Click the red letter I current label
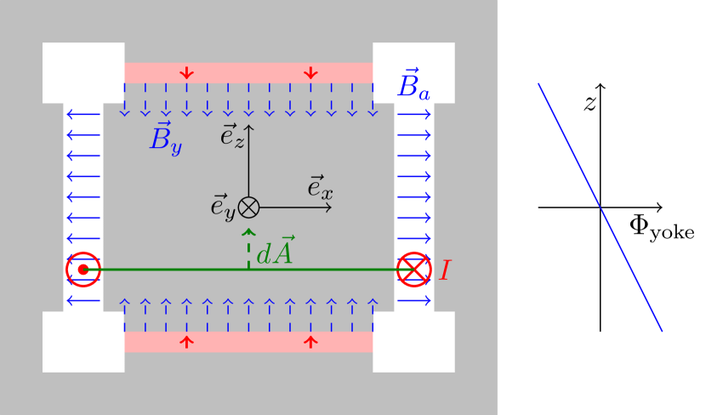(444, 270)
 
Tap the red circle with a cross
(414, 270)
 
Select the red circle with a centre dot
(83, 270)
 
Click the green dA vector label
(275, 253)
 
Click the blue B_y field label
(165, 138)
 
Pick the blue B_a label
(413, 85)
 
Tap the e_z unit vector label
(232, 135)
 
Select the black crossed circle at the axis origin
(248, 207)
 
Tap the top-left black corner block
(83, 72)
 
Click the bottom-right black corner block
(413, 342)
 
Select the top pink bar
(248, 72)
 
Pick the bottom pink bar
(248, 342)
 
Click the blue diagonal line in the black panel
(600, 207)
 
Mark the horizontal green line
(170, 270)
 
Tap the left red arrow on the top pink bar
(186, 73)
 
